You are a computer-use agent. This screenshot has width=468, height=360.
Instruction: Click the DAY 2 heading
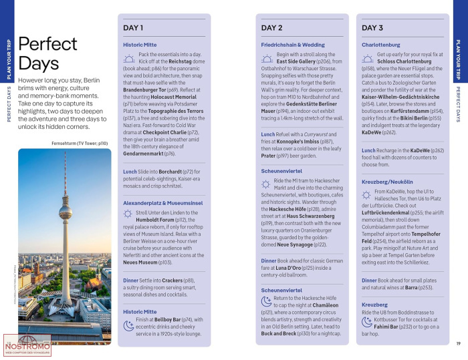(271, 28)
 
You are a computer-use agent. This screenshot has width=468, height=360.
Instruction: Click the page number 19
(458, 343)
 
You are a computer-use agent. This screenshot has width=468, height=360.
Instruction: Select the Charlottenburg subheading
(382, 45)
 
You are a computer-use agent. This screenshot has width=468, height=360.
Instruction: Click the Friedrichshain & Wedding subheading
(293, 45)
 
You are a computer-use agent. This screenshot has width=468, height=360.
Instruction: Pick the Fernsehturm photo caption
(80, 143)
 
